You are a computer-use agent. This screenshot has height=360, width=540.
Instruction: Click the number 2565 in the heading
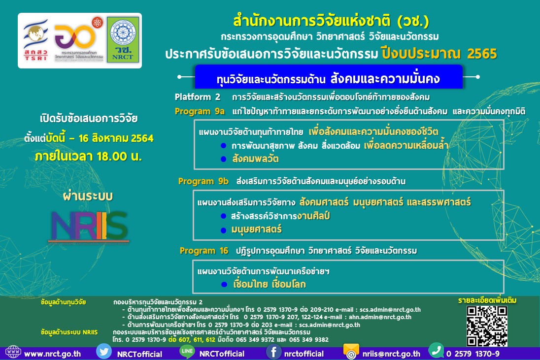(482, 54)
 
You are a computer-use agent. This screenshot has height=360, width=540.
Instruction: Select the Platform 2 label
(197, 96)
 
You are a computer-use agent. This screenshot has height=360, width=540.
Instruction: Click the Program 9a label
(199, 111)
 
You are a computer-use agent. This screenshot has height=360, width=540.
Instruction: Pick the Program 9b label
(203, 181)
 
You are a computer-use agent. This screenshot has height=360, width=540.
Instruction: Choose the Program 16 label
(204, 251)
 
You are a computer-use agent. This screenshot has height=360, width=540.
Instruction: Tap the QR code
(487, 326)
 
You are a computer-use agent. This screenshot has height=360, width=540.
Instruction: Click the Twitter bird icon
(104, 352)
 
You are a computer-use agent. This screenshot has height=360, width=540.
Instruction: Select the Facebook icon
(274, 353)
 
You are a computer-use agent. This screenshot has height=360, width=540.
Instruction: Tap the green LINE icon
(187, 352)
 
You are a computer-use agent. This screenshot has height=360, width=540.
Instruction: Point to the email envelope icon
(351, 352)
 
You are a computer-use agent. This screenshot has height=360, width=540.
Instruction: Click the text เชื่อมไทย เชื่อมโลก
(269, 284)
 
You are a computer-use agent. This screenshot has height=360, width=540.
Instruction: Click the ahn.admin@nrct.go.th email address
(380, 317)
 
